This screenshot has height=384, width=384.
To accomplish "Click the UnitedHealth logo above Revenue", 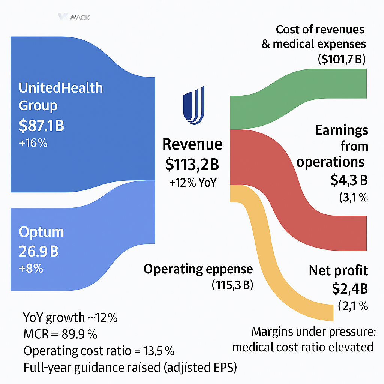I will pyautogui.click(x=193, y=105).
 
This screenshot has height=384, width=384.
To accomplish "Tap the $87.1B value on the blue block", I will pyautogui.click(x=42, y=126).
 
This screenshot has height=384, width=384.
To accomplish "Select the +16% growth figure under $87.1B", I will pyautogui.click(x=33, y=143).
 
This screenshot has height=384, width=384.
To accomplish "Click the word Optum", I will pyautogui.click(x=41, y=232).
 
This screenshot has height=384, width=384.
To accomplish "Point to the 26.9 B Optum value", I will pyautogui.click(x=39, y=251).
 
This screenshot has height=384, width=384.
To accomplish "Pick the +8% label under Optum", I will pyautogui.click(x=31, y=268).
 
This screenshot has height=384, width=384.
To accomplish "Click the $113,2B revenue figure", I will pyautogui.click(x=192, y=163).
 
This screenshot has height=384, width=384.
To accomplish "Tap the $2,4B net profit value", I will pyautogui.click(x=349, y=288).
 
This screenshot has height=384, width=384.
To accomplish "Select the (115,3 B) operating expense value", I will pyautogui.click(x=232, y=285).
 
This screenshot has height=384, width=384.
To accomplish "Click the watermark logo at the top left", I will pyautogui.click(x=73, y=17).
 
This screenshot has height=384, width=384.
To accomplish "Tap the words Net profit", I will pyautogui.click(x=338, y=270).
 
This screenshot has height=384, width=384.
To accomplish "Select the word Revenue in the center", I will pyautogui.click(x=192, y=144).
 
